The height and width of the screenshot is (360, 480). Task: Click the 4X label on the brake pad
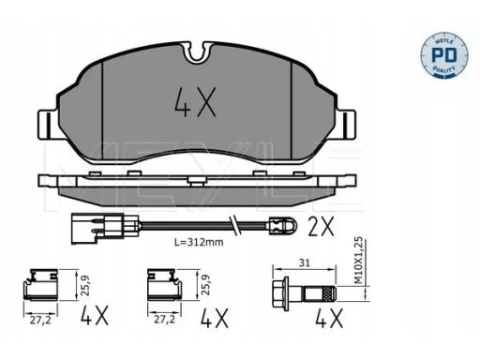tap(195, 102)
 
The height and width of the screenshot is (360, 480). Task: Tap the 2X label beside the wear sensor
tap(321, 227)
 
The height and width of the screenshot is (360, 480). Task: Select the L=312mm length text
tap(199, 242)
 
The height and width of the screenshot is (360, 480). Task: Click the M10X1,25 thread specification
tap(360, 261)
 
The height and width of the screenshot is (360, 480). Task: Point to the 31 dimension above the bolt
tap(304, 263)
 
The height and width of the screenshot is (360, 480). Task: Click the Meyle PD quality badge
tap(444, 54)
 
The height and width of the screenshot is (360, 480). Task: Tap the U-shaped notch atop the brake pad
tap(198, 53)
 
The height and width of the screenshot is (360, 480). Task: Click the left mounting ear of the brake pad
tap(49, 125)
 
